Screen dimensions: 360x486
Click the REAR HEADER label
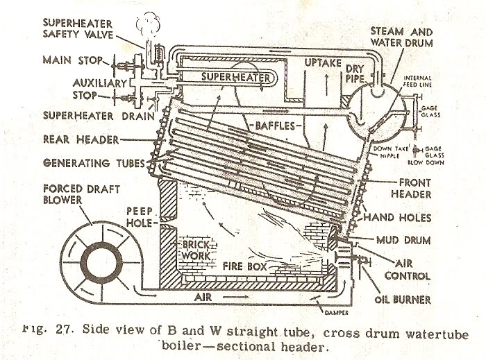pos(81,139)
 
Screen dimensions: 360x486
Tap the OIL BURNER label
pos(415,300)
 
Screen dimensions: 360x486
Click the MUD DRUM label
pos(414,241)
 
